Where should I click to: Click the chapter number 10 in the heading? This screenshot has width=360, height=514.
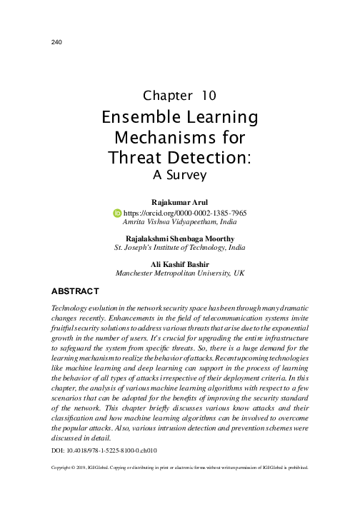pos(209,95)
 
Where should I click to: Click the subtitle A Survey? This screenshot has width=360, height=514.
pos(179,173)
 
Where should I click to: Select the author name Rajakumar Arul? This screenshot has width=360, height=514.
pos(180,203)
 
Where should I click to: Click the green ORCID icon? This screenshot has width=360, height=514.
pos(118,213)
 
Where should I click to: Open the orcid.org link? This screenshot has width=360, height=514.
pos(185,213)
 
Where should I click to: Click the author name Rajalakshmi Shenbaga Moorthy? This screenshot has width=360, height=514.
pos(180,238)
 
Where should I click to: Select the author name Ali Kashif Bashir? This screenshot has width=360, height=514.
pos(180,263)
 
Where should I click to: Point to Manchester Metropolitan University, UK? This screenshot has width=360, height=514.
pos(180,273)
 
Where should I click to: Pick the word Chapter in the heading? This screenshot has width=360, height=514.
pos(166,95)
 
